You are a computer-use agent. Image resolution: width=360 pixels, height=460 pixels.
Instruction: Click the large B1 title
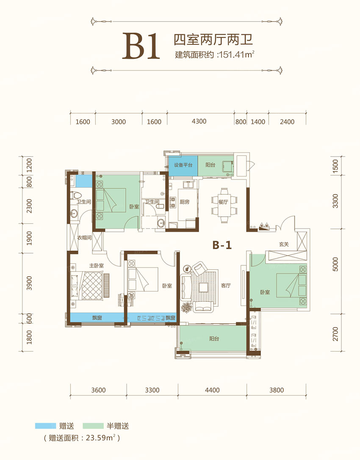pos(141,47)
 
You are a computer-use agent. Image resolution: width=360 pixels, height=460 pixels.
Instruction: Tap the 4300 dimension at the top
pos(199,121)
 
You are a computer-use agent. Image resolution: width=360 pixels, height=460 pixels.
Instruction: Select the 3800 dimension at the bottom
pos(276,390)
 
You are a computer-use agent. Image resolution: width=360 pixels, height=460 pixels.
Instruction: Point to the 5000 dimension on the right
pos(335,264)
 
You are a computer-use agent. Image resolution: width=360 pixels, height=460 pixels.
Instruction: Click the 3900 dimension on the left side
pos(29,283)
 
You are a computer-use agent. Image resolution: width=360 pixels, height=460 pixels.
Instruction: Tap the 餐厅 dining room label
pos(223,202)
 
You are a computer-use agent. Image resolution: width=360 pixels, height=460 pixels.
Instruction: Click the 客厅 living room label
pos(226,286)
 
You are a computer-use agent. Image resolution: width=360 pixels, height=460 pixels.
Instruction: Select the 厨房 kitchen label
pos(184,202)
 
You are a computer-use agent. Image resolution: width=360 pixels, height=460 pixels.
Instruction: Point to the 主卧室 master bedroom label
pos(97,265)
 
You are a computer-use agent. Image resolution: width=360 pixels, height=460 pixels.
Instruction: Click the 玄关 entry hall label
pos(284,244)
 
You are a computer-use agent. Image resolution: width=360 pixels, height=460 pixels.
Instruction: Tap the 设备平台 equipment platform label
pos(183,165)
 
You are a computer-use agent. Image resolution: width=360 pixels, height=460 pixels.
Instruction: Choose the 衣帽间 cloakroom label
pos(85,237)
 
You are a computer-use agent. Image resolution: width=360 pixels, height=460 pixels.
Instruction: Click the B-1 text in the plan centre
pos(222,245)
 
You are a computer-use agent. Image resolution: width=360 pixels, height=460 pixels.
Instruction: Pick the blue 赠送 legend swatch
pos(45,426)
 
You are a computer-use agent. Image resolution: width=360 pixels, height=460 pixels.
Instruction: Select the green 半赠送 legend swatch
pos(93,426)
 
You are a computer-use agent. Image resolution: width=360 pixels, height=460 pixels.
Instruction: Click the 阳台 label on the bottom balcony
pos(214,339)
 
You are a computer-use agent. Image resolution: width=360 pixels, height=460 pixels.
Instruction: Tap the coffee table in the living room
pos(203,287)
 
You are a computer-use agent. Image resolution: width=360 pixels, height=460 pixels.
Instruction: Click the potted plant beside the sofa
pos(186,307)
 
